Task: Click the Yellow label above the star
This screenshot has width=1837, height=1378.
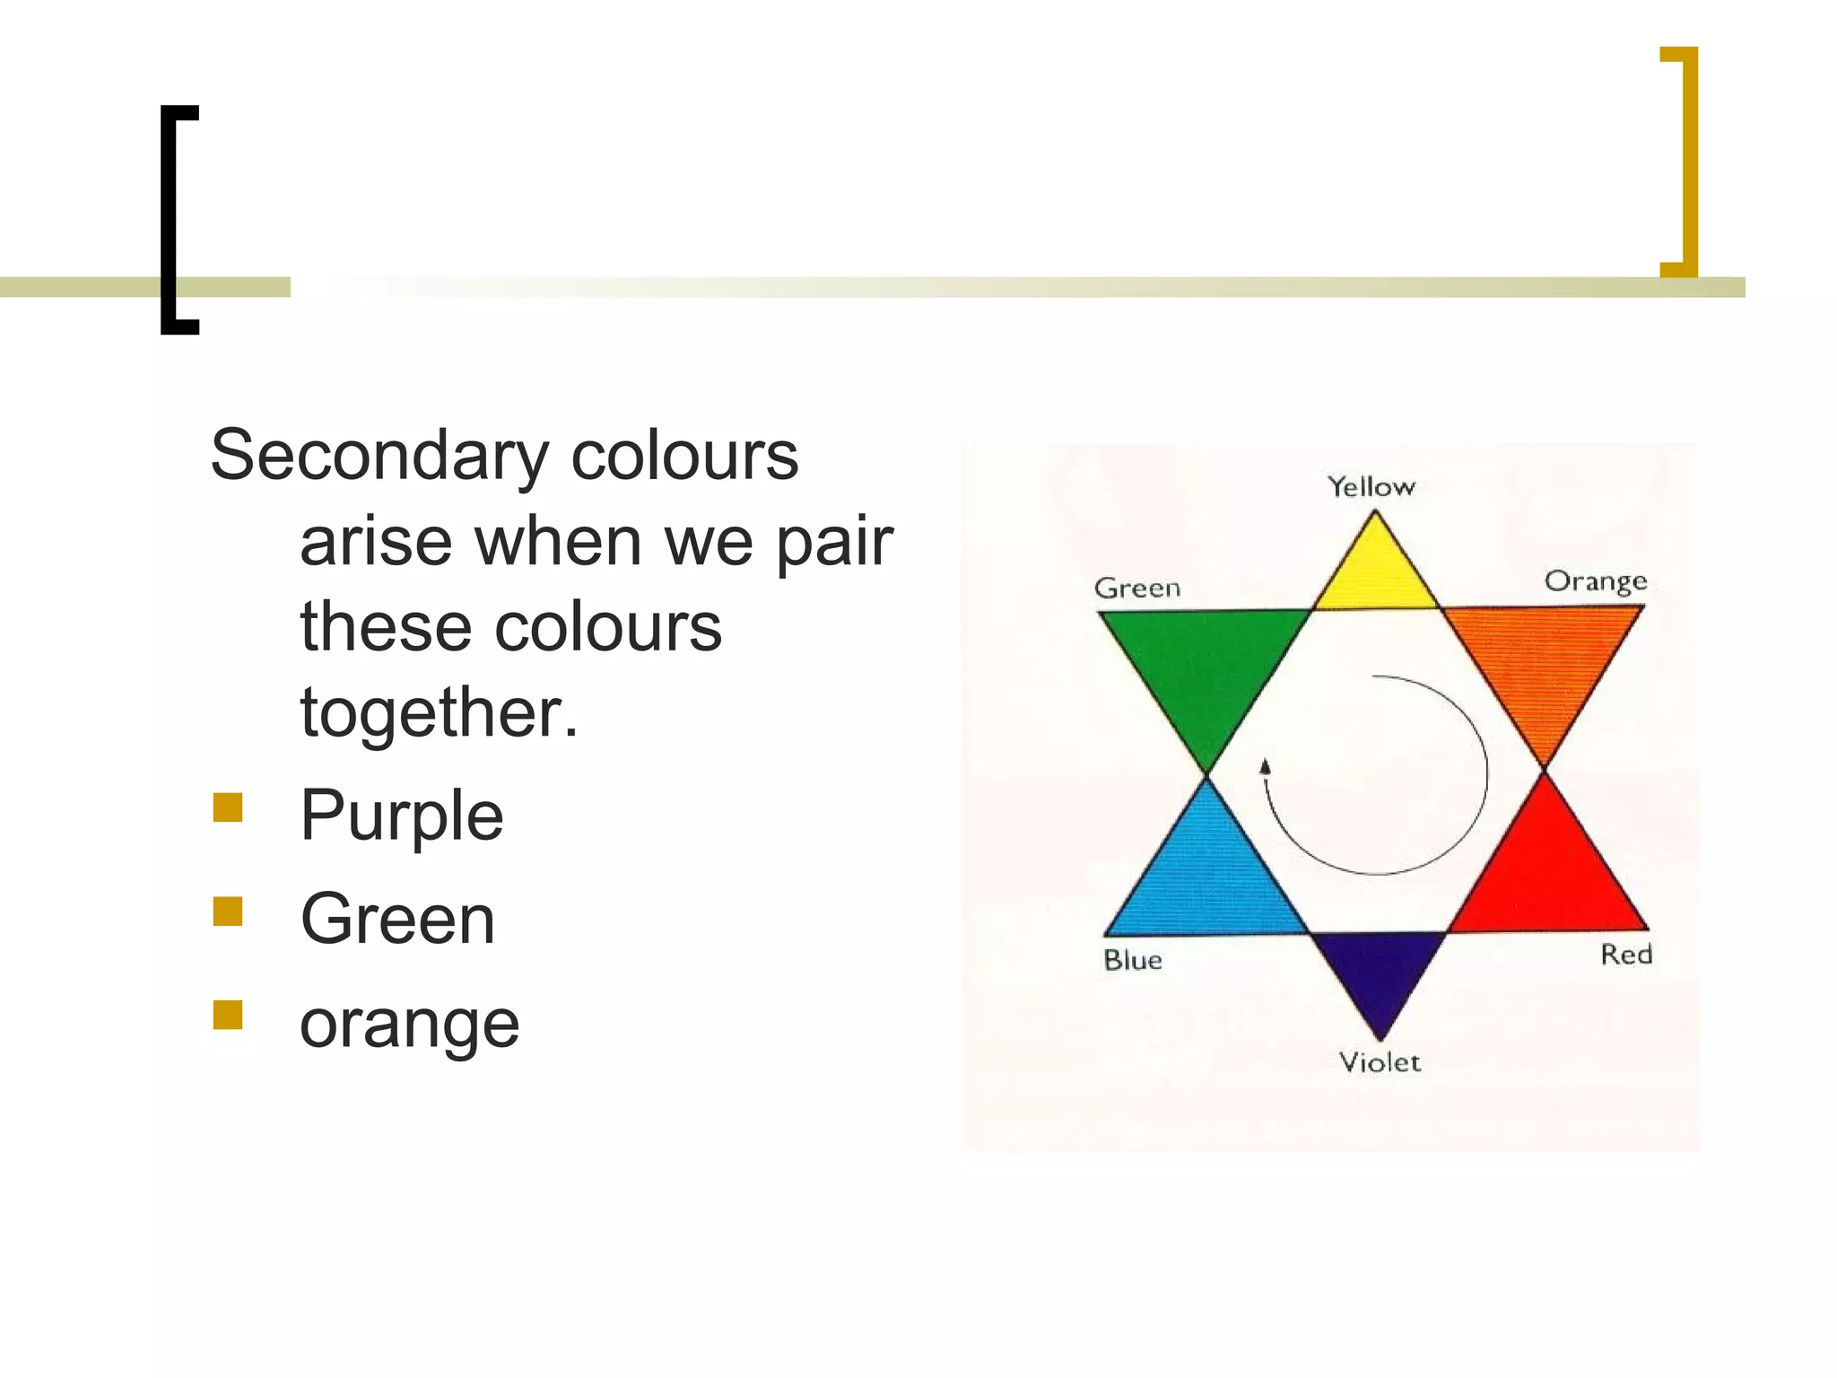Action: click(1371, 487)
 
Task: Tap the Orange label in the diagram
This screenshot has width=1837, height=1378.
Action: click(1595, 581)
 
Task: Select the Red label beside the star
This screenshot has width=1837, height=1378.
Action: click(1625, 954)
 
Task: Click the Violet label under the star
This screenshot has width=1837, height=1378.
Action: click(1380, 1062)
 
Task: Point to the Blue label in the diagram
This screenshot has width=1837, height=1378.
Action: click(1133, 960)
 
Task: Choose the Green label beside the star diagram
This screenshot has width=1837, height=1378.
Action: click(1137, 589)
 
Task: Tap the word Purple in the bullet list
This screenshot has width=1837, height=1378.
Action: click(402, 816)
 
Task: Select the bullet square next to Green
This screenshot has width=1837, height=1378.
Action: click(228, 911)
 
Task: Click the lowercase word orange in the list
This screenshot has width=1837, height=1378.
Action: click(409, 1024)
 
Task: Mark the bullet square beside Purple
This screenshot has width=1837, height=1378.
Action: click(228, 807)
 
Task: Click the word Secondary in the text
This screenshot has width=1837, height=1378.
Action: click(379, 456)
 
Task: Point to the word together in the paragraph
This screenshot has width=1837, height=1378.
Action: click(439, 712)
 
